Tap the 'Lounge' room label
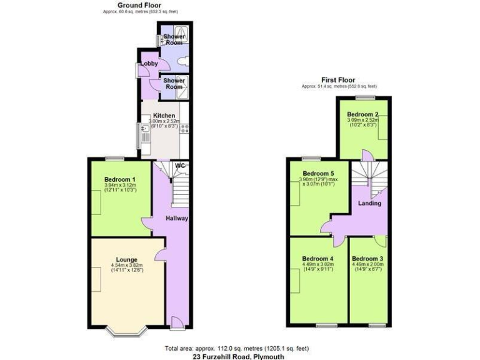click(126, 259)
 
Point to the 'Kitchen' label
click(164, 116)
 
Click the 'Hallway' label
click(177, 218)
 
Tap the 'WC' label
click(181, 166)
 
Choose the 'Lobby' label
click(149, 64)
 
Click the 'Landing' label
click(369, 203)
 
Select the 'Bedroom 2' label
click(363, 114)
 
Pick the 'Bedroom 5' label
click(318, 174)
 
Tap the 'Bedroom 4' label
click(317, 258)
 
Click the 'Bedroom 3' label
click(367, 258)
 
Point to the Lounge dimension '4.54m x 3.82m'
click(126, 265)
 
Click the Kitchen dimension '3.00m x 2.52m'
click(164, 122)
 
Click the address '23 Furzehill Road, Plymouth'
click(239, 356)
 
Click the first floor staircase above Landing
click(368, 174)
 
